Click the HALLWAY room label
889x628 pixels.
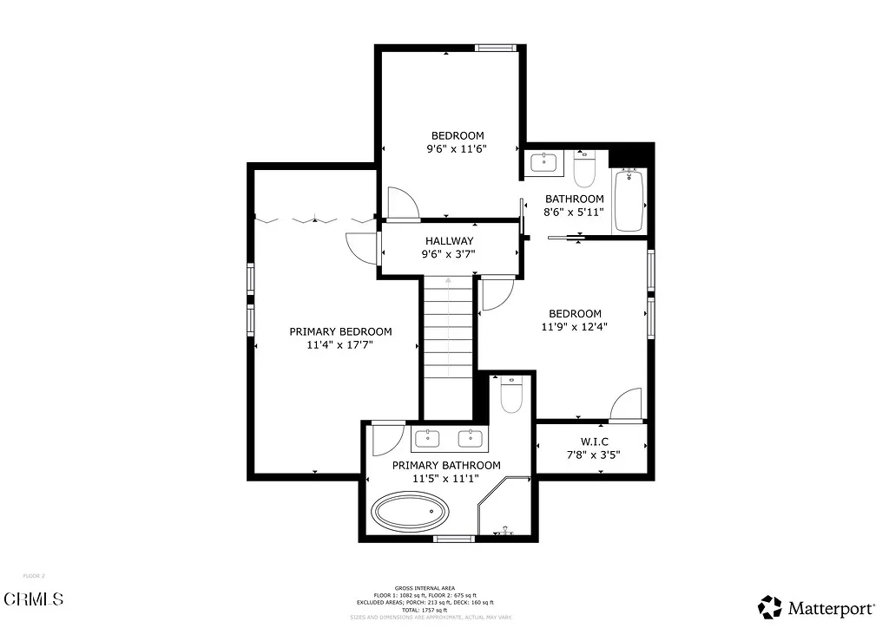pyautogui.click(x=449, y=241)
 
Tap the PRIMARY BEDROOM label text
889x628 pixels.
pyautogui.click(x=340, y=331)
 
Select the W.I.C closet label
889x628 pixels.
pyautogui.click(x=594, y=441)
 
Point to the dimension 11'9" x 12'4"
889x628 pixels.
pyautogui.click(x=575, y=327)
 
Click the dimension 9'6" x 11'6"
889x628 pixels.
pyautogui.click(x=457, y=148)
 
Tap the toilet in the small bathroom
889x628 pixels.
pyautogui.click(x=583, y=168)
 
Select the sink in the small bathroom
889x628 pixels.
pyautogui.click(x=544, y=161)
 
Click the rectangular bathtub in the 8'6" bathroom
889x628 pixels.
pyautogui.click(x=628, y=201)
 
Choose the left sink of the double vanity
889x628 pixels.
pyautogui.click(x=427, y=438)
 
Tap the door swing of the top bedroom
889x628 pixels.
pyautogui.click(x=402, y=203)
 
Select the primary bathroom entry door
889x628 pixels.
pyautogui.click(x=386, y=440)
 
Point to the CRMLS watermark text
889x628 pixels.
pyautogui.click(x=34, y=599)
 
